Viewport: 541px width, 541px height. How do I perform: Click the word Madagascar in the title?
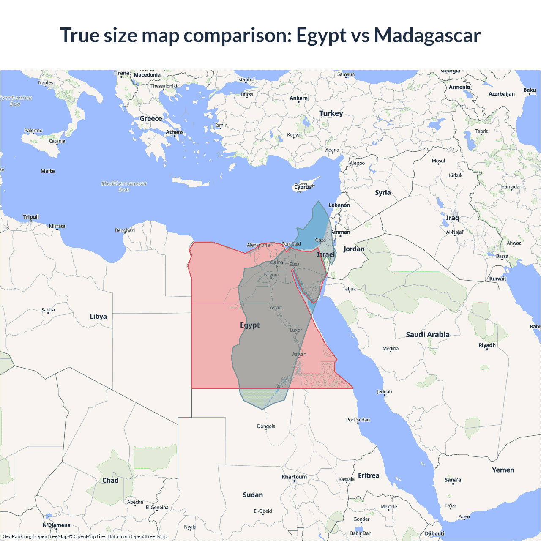click(427, 35)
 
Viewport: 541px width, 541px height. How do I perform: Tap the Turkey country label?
click(331, 113)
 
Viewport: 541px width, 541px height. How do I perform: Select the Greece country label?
click(151, 119)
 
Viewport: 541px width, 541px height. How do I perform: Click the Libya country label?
click(98, 317)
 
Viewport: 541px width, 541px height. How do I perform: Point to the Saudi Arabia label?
click(428, 335)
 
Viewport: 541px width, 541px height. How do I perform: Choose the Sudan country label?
click(253, 495)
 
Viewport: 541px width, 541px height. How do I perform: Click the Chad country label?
click(110, 481)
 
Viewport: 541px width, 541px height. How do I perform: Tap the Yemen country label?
click(503, 470)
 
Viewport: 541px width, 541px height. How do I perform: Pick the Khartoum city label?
click(294, 477)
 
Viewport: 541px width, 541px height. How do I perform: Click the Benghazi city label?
click(125, 230)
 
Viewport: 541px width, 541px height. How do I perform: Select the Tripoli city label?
click(31, 217)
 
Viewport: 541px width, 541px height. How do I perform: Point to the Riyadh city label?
click(487, 345)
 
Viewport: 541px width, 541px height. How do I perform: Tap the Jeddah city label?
click(384, 392)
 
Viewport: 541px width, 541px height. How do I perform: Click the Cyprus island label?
click(303, 187)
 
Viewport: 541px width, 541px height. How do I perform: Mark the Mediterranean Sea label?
click(124, 186)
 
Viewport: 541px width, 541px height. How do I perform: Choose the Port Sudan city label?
click(358, 420)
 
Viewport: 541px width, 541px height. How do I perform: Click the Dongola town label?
click(266, 426)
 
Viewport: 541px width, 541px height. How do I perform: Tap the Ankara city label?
click(298, 98)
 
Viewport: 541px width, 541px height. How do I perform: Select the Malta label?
click(47, 171)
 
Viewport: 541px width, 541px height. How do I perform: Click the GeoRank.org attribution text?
click(17, 536)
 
